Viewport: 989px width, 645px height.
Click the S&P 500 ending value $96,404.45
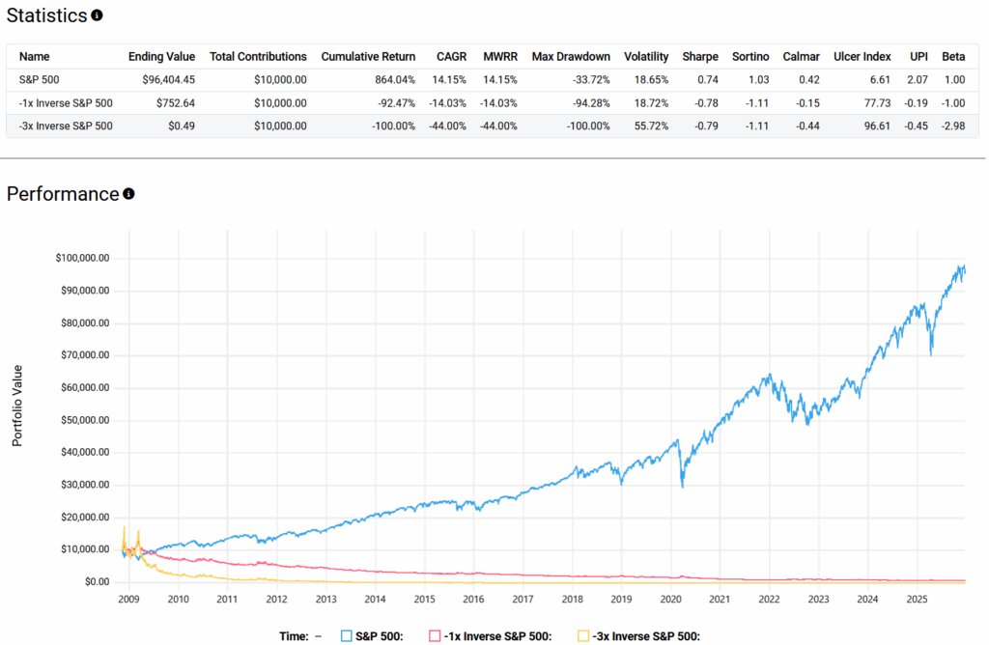pos(161,79)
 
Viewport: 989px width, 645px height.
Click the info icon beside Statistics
pos(97,15)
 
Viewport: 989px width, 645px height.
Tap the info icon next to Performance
pos(128,194)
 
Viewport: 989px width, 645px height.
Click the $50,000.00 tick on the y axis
pos(83,420)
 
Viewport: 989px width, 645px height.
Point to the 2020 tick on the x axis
pos(670,600)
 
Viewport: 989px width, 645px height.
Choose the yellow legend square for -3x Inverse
pos(582,635)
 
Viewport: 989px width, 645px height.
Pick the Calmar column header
pos(802,56)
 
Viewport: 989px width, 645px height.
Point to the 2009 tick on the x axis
pos(128,600)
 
